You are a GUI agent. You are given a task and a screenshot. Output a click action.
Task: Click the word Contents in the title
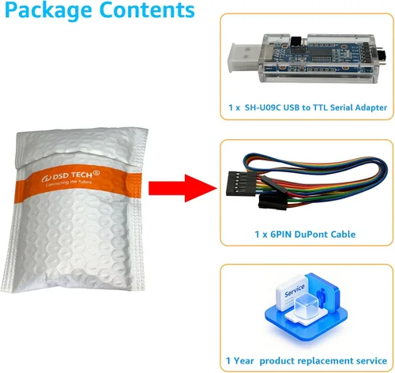point(147,9)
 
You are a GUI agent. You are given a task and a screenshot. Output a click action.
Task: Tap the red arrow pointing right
point(182,188)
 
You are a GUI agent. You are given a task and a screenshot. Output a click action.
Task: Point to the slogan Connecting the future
point(69,183)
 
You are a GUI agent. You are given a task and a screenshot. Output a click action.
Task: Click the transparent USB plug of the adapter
point(244,58)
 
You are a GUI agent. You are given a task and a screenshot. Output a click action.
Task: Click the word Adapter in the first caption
point(371,107)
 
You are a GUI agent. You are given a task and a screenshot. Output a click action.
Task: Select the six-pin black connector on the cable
point(241,184)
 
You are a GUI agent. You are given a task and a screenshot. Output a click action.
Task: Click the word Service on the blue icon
point(295,291)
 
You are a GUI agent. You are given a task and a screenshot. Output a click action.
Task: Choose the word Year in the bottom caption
point(244,360)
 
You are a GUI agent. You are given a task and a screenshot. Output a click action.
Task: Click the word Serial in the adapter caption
point(341,107)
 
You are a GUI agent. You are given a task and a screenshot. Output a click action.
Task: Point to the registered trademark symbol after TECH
point(96,173)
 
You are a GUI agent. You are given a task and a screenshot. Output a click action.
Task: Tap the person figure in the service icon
point(322,297)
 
